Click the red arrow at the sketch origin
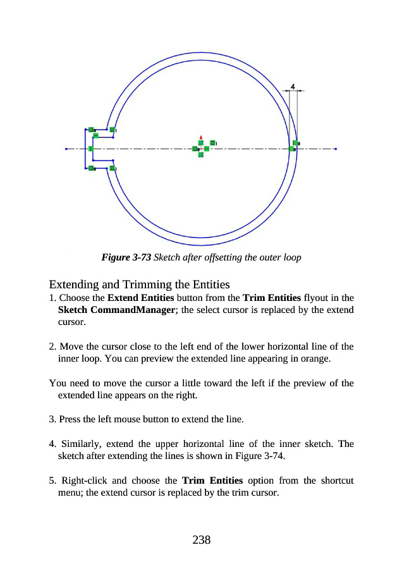[200, 137]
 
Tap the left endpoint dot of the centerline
[66, 149]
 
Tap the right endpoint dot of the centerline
[336, 149]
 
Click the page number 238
[201, 539]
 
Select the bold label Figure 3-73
[126, 258]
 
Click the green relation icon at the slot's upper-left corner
[92, 130]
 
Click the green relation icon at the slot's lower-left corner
[92, 168]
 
